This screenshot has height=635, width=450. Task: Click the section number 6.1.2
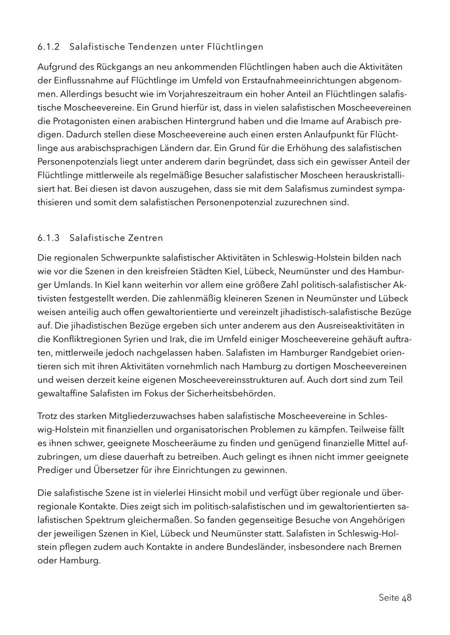(48, 47)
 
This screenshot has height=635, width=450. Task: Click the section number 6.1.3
(48, 238)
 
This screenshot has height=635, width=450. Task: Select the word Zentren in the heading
(144, 238)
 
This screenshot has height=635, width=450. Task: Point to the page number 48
(406, 598)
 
